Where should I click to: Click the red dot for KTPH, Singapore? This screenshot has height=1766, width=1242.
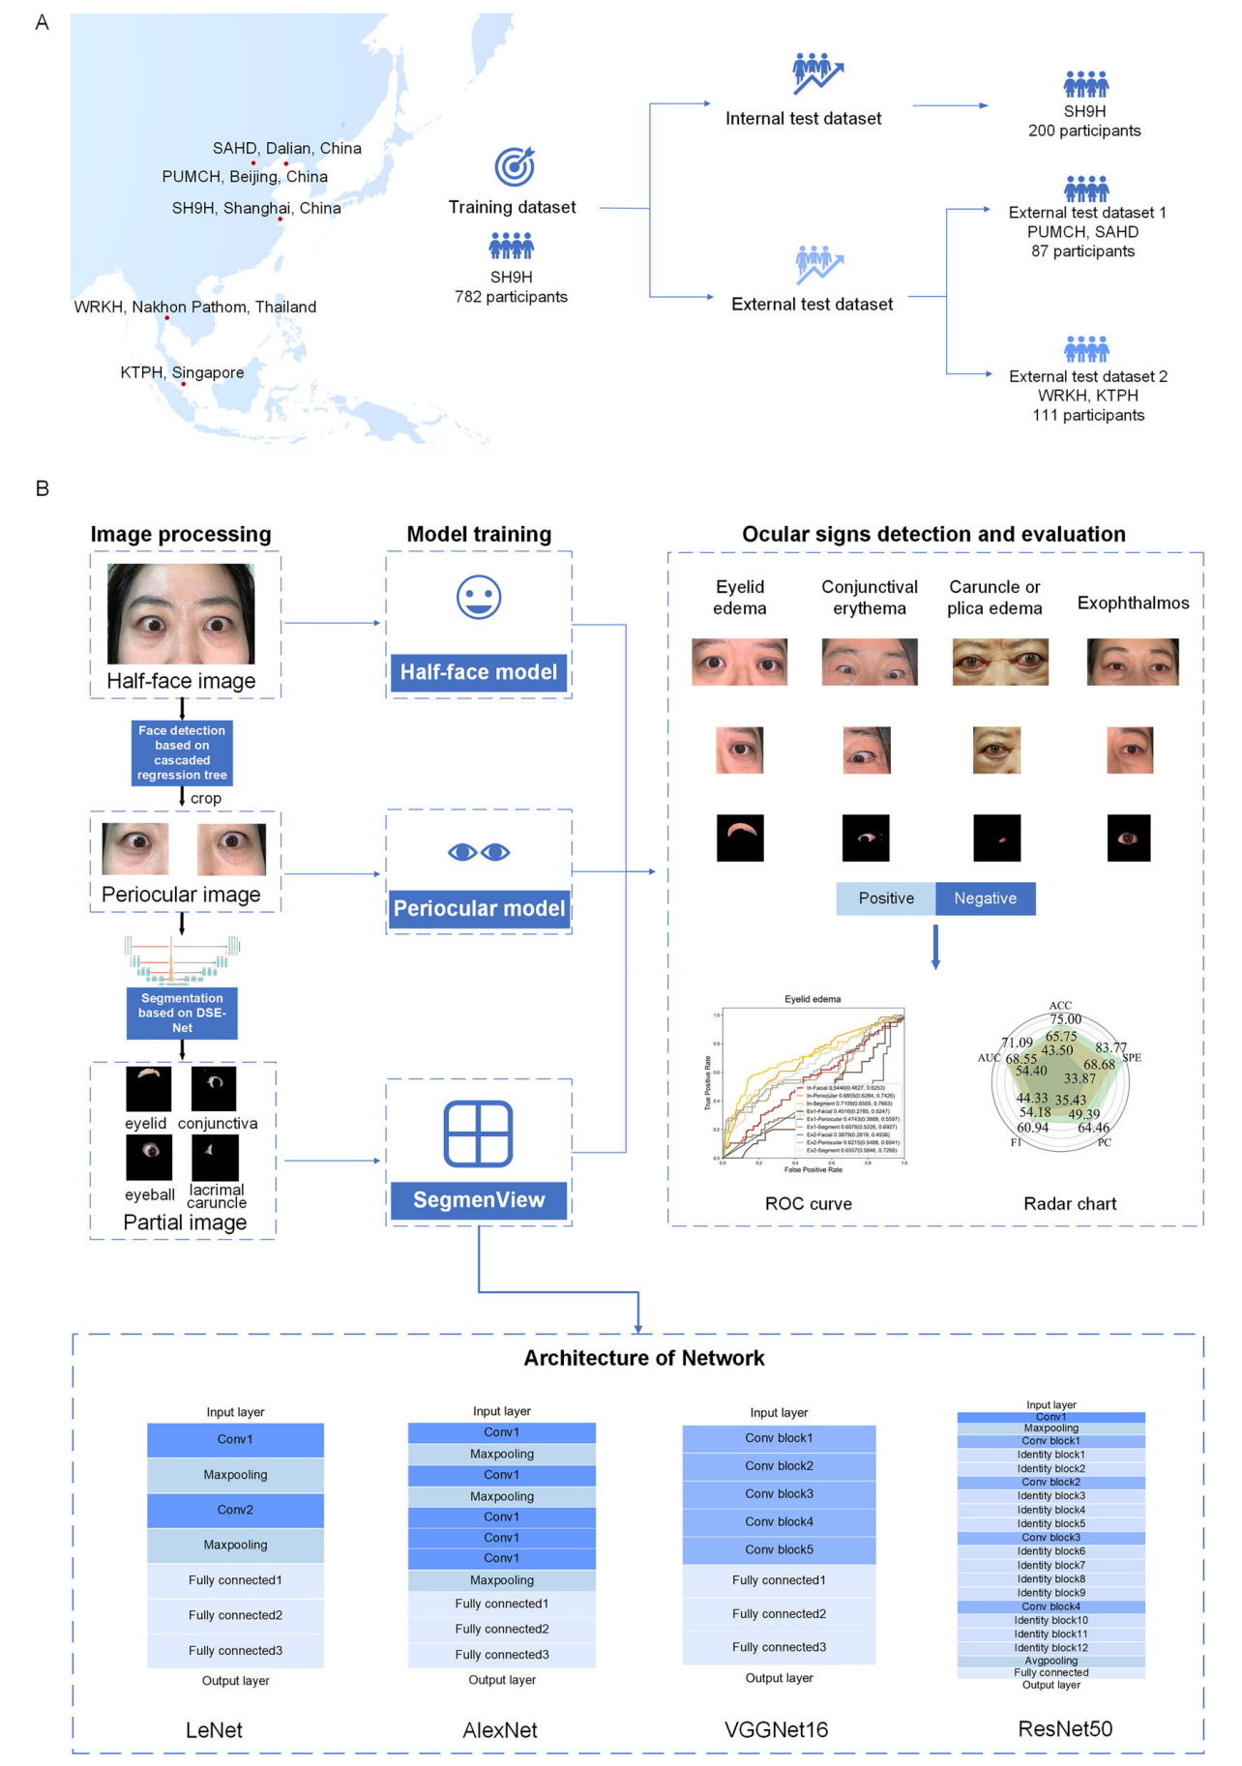(184, 384)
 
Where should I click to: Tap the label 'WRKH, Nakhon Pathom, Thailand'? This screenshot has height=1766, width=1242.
(195, 307)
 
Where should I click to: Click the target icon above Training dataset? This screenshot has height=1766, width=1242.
(515, 166)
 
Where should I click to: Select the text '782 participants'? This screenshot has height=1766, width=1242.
(511, 297)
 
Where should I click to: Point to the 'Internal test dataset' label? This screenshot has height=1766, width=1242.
(803, 118)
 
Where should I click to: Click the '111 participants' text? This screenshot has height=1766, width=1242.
(1088, 415)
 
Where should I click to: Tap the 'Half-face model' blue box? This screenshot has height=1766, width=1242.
(479, 672)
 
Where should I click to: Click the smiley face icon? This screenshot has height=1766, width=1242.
(479, 597)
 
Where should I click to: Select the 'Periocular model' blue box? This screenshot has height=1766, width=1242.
(479, 908)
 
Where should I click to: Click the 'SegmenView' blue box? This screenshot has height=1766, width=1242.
(479, 1200)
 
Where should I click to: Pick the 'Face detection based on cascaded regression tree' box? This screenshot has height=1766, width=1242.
(182, 752)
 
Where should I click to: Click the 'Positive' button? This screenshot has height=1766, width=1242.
(886, 898)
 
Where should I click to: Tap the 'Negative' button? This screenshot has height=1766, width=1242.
(985, 898)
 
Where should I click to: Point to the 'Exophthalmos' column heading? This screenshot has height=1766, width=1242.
(1133, 603)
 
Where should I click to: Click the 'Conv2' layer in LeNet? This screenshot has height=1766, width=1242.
(235, 1510)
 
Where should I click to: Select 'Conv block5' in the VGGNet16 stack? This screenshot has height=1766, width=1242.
(779, 1549)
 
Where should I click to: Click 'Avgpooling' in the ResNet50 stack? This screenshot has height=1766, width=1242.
(1051, 1661)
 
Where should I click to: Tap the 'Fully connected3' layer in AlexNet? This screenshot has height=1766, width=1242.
(502, 1655)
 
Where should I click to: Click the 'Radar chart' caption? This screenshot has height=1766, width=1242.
(1070, 1204)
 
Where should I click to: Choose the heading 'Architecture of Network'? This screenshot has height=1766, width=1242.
(644, 1358)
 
